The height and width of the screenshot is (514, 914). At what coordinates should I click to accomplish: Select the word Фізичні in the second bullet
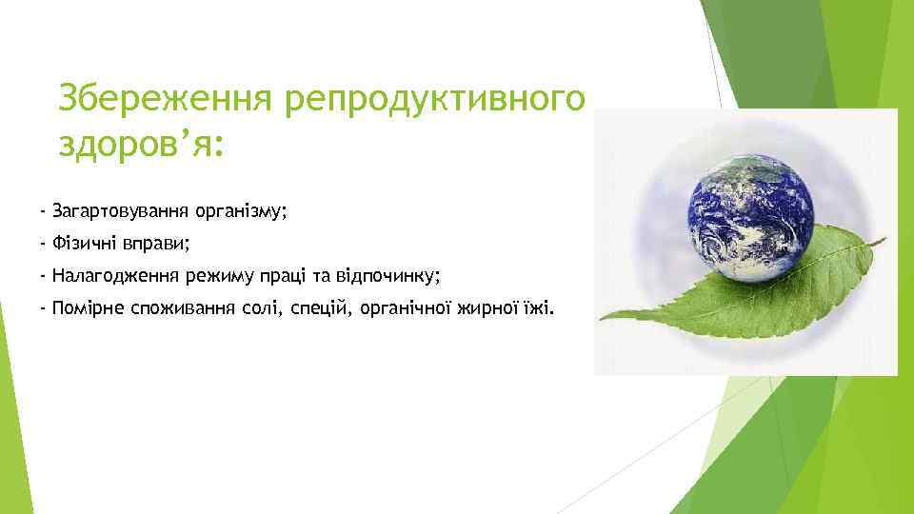coord(84,244)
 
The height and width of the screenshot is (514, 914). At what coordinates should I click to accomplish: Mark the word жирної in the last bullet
coord(485,308)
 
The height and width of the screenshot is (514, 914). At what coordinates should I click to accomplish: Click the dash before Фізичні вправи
coord(44,244)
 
